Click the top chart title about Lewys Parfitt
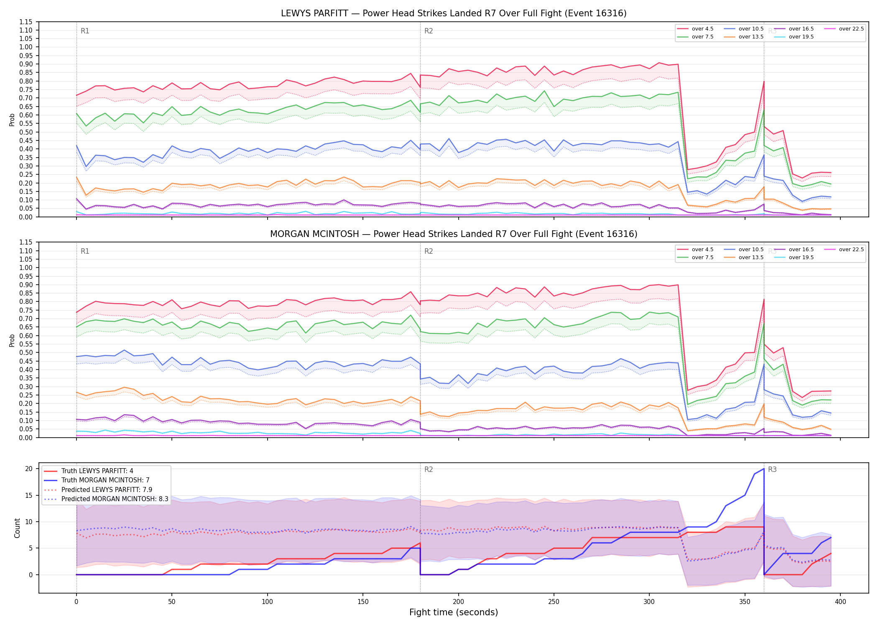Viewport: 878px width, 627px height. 454,13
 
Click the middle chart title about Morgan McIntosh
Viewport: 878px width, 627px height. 454,234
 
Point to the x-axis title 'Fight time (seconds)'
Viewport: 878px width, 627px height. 454,612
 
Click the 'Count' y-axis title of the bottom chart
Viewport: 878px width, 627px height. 17,528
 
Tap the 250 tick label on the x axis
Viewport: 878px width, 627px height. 554,602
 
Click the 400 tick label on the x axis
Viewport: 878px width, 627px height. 840,602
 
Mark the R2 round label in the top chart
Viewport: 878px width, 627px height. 429,31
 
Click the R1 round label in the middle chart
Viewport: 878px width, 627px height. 85,251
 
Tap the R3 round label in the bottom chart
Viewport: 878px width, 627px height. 772,469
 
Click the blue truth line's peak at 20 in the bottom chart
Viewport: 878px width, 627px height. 764,469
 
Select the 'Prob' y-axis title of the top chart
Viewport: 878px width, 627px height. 12,120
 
